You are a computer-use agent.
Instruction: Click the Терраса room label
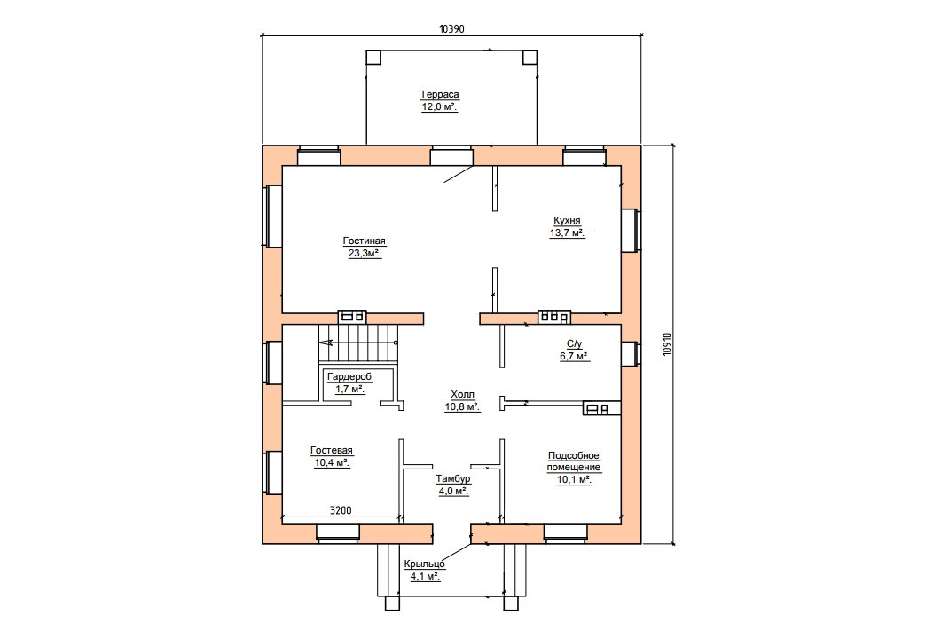(439, 95)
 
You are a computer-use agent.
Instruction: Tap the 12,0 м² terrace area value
(439, 107)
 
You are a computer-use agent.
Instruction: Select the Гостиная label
(364, 241)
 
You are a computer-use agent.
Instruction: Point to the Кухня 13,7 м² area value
(567, 233)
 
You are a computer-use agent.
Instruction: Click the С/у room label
(575, 343)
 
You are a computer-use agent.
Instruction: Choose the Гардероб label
(349, 377)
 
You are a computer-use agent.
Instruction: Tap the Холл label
(462, 394)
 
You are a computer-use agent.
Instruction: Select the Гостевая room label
(332, 451)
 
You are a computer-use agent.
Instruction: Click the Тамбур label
(453, 479)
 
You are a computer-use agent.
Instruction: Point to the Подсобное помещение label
(574, 461)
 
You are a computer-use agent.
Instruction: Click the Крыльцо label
(425, 564)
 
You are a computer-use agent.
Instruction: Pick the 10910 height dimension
(667, 343)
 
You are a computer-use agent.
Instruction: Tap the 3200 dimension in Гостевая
(341, 510)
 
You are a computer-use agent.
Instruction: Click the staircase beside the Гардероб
(357, 343)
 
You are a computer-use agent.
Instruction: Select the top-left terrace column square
(373, 58)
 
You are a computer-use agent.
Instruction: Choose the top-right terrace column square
(530, 58)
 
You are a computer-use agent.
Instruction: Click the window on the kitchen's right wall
(632, 230)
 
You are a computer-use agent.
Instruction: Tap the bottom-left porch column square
(392, 603)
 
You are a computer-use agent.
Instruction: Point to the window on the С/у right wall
(632, 354)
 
